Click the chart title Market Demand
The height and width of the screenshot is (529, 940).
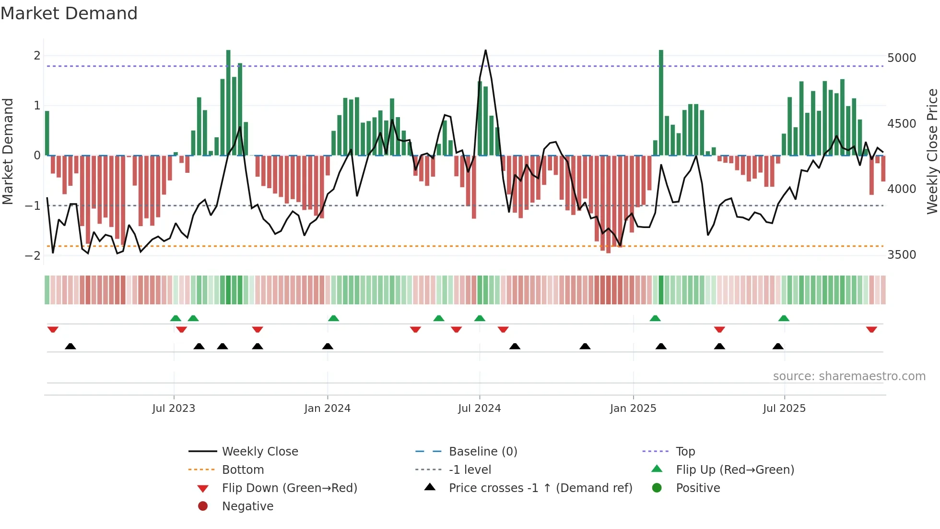pyautogui.click(x=69, y=13)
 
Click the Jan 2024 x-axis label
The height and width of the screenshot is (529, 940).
pyautogui.click(x=327, y=409)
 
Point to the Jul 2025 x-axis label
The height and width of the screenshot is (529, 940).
pyautogui.click(x=784, y=409)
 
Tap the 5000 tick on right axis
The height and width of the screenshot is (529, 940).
pyautogui.click(x=901, y=58)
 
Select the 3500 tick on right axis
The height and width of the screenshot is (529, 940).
pyautogui.click(x=901, y=255)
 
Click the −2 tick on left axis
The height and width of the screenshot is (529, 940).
pyautogui.click(x=33, y=256)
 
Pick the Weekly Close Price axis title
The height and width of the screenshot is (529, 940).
pyautogui.click(x=932, y=151)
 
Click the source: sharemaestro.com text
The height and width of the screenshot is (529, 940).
pyautogui.click(x=849, y=376)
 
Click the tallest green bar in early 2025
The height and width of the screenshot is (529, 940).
pyautogui.click(x=661, y=101)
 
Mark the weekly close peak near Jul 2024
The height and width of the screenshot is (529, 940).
pyautogui.click(x=485, y=50)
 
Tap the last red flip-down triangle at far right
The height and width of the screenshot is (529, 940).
pyautogui.click(x=871, y=329)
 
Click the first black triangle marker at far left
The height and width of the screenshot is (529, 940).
pyautogui.click(x=70, y=346)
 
